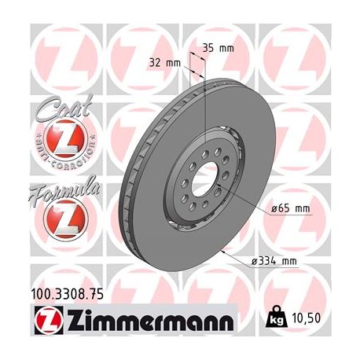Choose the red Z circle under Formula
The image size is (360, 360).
[x=61, y=218]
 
